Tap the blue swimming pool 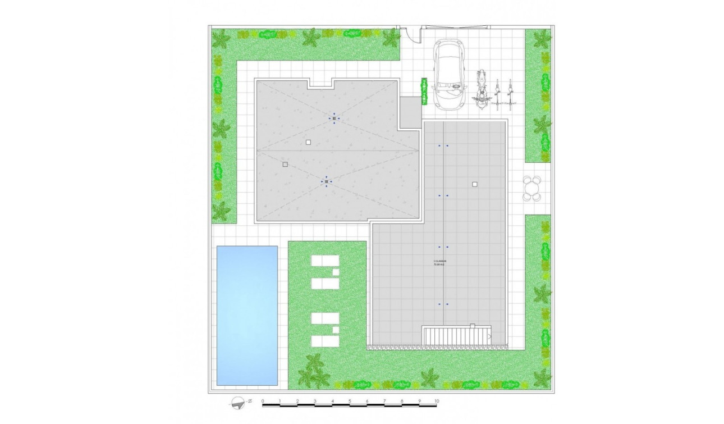click(x=247, y=315)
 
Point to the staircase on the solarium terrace click(x=456, y=336)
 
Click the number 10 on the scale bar click(x=436, y=401)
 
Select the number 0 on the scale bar click(x=263, y=401)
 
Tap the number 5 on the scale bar click(x=350, y=401)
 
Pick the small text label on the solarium click(x=439, y=262)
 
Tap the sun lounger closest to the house click(x=326, y=262)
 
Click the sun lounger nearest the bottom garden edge click(x=326, y=341)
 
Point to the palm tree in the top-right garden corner click(x=542, y=39)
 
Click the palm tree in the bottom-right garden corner click(x=542, y=377)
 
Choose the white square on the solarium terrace click(x=475, y=184)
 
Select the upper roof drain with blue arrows click(x=334, y=118)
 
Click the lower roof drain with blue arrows click(x=327, y=181)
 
